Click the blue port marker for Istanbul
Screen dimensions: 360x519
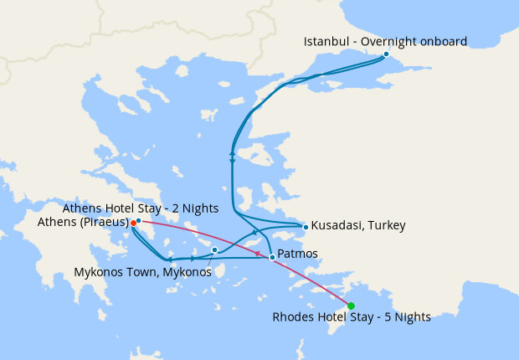pos(386,54)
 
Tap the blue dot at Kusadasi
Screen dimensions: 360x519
pos(306,226)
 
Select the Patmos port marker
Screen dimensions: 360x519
pos(272,257)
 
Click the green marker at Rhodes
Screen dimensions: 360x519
pos(351,306)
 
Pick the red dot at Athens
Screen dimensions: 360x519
pos(133,223)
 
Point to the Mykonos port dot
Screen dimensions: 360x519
pos(215,249)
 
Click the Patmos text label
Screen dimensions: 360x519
pos(298,253)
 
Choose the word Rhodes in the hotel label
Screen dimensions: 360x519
pos(292,317)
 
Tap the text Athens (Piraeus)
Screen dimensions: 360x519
pos(82,223)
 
